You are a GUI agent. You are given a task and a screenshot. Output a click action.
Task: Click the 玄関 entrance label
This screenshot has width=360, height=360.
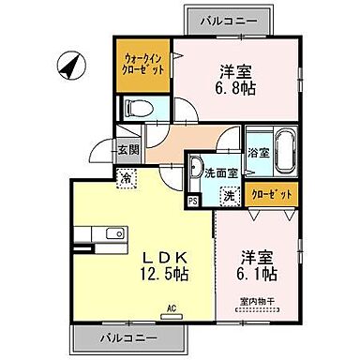click(128, 149)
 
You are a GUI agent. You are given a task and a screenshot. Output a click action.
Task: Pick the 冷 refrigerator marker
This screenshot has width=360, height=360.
click(125, 174)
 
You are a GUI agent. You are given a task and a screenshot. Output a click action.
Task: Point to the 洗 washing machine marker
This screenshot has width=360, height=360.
click(229, 197)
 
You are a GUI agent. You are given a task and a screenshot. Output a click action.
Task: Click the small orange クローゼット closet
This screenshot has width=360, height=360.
click(274, 193)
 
